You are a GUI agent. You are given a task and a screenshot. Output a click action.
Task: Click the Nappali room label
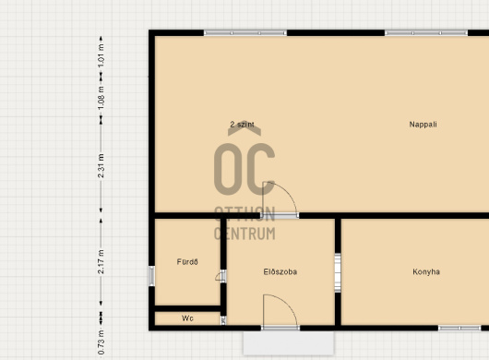point(423,125)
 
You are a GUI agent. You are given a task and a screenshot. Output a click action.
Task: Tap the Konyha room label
point(426,271)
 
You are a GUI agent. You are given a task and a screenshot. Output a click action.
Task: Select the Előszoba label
point(280,271)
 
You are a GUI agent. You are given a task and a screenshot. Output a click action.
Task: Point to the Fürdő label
point(187,262)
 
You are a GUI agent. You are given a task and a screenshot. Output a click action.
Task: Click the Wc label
point(187,318)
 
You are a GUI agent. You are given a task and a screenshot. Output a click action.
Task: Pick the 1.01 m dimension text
point(101,56)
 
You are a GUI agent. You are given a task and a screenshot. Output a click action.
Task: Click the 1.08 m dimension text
point(101,98)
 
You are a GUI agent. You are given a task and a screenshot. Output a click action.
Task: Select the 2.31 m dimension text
point(101,166)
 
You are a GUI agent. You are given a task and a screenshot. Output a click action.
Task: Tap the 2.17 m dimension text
point(101,262)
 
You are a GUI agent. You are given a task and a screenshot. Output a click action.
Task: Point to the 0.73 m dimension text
point(101,342)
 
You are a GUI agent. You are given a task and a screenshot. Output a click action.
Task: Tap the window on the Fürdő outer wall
point(151,276)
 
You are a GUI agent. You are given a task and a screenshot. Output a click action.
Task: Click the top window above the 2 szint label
point(245,32)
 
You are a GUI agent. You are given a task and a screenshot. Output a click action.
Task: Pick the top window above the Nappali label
point(426,32)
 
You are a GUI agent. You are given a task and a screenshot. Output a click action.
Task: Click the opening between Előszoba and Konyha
point(338,273)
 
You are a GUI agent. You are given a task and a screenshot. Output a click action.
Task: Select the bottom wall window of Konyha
point(459,328)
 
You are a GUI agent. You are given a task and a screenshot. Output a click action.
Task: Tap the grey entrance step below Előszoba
point(289,343)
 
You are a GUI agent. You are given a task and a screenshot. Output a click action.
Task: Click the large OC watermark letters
point(244,169)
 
